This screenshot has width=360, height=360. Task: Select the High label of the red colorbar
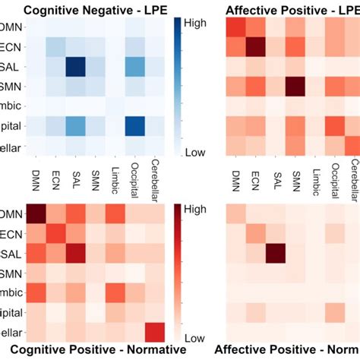tap(193, 209)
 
